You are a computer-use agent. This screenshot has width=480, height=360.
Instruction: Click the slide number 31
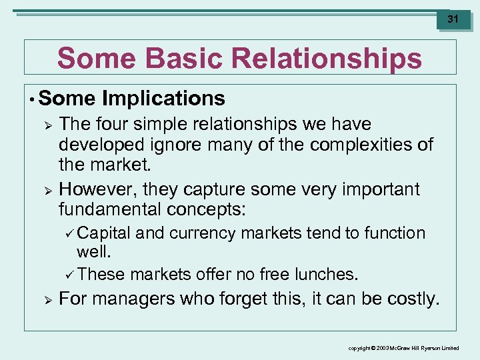[453, 19]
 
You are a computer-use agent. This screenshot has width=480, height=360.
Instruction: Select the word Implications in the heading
[164, 99]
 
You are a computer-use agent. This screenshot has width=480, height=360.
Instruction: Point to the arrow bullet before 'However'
[46, 189]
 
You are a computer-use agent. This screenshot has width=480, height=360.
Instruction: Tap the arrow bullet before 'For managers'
[46, 299]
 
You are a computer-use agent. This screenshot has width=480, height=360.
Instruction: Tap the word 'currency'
[203, 233]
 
